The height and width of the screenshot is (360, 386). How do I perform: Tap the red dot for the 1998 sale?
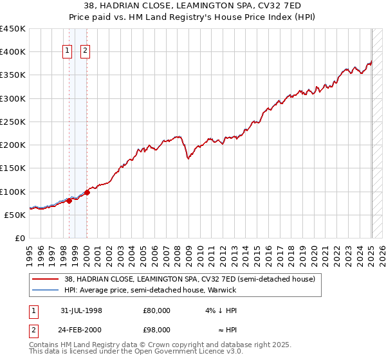coord(69,201)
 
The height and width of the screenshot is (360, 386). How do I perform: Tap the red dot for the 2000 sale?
coord(87,192)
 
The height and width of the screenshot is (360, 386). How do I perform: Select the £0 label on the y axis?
coord(19,239)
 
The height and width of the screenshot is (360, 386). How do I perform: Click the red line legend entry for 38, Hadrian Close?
coord(189,279)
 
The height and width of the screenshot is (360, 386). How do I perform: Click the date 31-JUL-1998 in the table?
coord(81,310)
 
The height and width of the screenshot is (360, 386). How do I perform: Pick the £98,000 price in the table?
coord(157,330)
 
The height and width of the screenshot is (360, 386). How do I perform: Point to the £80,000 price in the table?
coord(157,310)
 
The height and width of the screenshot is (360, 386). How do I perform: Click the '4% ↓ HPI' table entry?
coord(221,310)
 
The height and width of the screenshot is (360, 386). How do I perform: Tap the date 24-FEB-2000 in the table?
coord(81,330)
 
